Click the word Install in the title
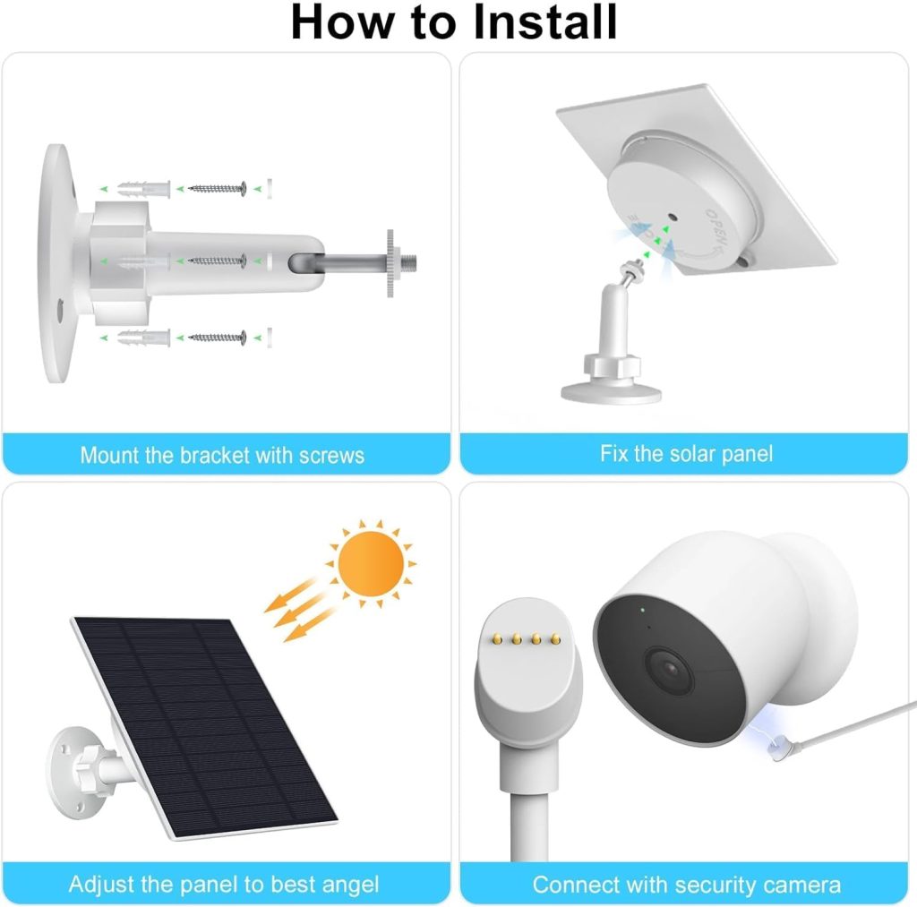point(544,22)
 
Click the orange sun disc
point(371,565)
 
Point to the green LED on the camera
point(643,612)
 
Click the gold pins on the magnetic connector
point(526,639)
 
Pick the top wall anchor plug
point(142,189)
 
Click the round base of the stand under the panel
point(611,389)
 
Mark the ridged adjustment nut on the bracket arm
point(390,262)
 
